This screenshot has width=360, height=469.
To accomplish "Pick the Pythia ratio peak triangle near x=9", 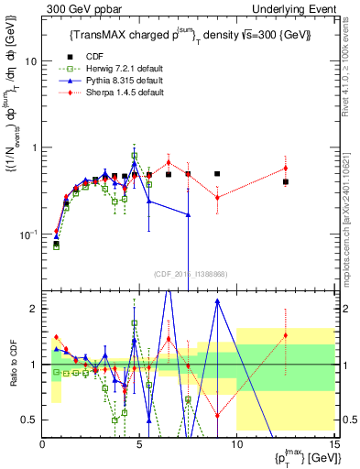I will click(x=217, y=300).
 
